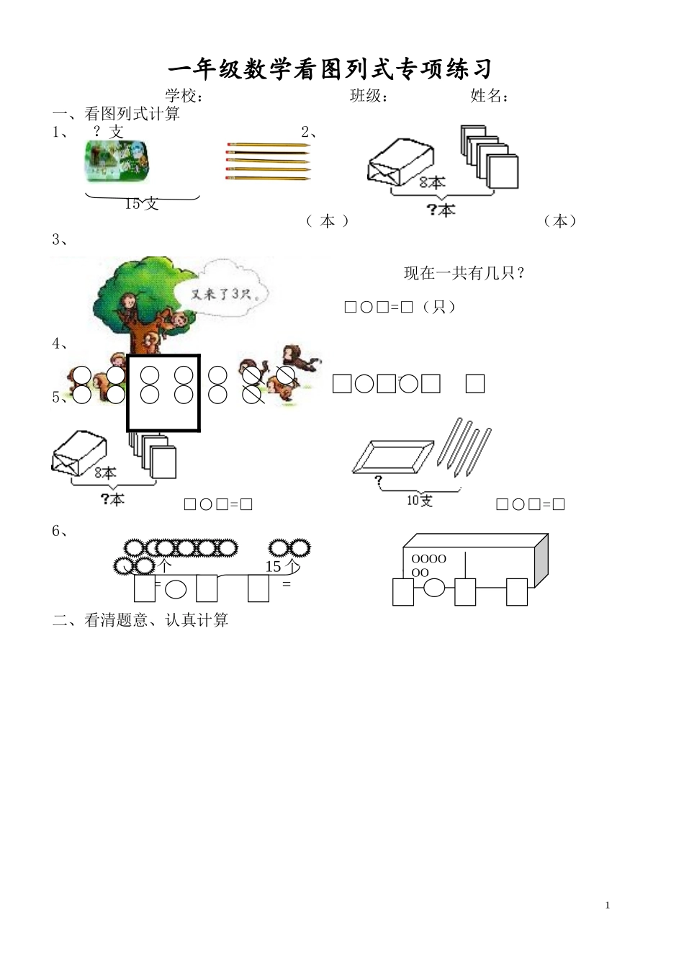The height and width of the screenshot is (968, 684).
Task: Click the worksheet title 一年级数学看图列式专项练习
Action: pos(330,69)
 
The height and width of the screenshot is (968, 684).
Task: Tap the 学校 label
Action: pos(184,96)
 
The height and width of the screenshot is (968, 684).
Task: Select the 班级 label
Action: pos(369,96)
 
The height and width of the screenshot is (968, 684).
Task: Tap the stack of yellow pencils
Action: pos(268,160)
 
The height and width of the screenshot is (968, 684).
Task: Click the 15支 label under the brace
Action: pos(141,204)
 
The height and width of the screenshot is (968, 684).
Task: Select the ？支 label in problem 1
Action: pos(108,132)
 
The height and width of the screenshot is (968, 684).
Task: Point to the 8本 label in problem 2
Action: pos(432,182)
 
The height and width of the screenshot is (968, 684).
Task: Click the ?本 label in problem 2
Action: pos(441,210)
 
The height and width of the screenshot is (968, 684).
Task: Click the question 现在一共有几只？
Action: pos(464,273)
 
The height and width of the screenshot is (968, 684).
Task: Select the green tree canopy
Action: pos(144,284)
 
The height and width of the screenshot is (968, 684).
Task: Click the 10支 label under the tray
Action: pos(419,500)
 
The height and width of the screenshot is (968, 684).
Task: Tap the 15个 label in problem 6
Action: pos(283,567)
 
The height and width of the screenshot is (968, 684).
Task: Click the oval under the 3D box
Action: pos(433,588)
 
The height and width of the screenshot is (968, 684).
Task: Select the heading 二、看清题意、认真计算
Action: pos(140,620)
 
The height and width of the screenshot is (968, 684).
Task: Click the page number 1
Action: pos(608,905)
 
